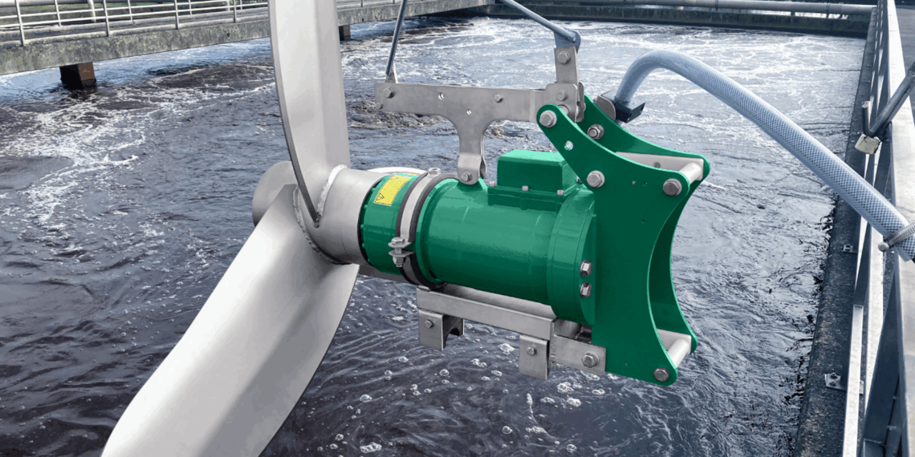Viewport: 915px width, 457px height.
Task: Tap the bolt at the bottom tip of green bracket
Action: click(661, 374)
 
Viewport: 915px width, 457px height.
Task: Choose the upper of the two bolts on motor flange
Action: click(585, 269)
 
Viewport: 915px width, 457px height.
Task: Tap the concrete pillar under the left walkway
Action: click(78, 75)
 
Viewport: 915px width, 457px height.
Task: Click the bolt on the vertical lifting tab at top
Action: click(563, 57)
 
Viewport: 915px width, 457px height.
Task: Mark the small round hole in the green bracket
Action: click(569, 146)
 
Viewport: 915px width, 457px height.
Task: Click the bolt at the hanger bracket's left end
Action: click(388, 92)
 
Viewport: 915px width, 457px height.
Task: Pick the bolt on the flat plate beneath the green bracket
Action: click(589, 360)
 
